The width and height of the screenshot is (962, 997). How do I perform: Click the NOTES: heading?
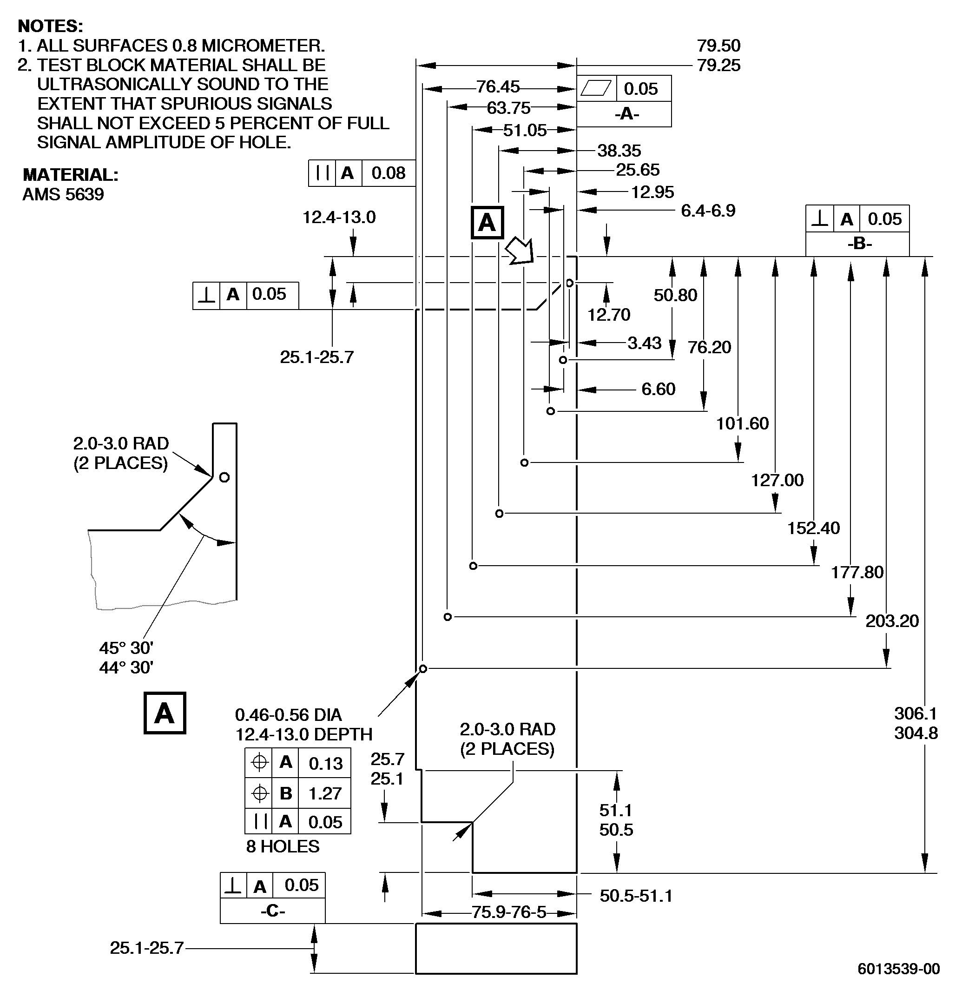coord(50,26)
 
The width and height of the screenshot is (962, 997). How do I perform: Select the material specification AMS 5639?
coord(63,194)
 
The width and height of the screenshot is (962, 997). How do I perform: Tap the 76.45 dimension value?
coord(498,87)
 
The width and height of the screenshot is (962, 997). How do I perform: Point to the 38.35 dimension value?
coord(619,151)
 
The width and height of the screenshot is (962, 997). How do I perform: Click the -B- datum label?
coord(860,244)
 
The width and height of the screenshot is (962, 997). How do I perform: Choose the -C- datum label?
coord(273,911)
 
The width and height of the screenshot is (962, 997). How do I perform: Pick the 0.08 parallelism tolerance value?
coord(389,173)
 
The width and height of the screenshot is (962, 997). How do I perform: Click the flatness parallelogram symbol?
coord(595,88)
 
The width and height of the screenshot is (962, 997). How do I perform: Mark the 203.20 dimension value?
coord(892,621)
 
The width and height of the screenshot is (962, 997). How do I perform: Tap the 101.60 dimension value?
coord(742,423)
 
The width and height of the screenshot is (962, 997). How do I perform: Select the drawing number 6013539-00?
coord(899,969)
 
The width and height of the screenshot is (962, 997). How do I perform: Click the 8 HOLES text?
coord(283,846)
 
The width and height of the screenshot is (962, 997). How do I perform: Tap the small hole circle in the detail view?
coord(224,477)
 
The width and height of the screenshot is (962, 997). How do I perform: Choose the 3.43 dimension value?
coord(645,343)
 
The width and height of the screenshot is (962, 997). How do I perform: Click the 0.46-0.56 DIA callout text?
coord(289,715)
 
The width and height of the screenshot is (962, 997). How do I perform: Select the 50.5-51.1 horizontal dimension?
coord(636,896)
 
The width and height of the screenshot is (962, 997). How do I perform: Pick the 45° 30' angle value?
coord(126,648)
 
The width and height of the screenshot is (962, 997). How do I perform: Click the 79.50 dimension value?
coord(719,46)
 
